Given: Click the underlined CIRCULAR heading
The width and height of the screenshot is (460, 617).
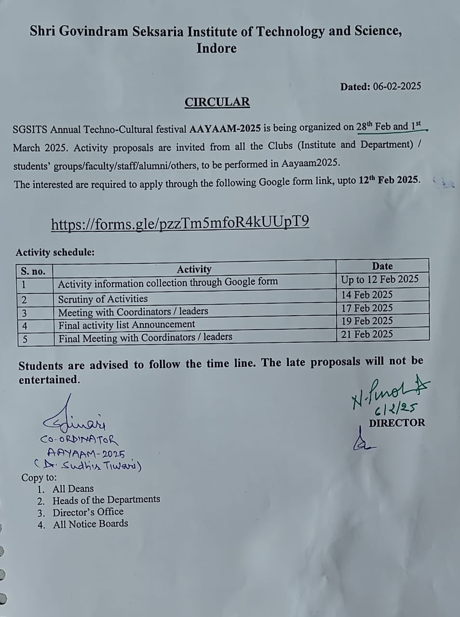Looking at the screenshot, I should pyautogui.click(x=217, y=102).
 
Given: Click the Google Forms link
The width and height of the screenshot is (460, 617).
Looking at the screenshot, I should pyautogui.click(x=180, y=223).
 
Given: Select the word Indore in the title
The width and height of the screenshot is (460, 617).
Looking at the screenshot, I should pyautogui.click(x=216, y=48).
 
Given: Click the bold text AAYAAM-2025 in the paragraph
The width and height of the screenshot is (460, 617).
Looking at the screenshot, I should pyautogui.click(x=225, y=129).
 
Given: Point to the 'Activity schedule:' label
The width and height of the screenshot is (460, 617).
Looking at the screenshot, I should pyautogui.click(x=55, y=252).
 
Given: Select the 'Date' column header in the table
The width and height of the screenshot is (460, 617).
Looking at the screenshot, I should pyautogui.click(x=382, y=266).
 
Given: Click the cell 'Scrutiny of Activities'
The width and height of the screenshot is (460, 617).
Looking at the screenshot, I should pyautogui.click(x=103, y=299).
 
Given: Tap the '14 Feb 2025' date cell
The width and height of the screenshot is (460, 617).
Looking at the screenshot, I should pyautogui.click(x=366, y=295).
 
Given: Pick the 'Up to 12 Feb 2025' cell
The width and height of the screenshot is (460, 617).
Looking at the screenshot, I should pyautogui.click(x=379, y=280).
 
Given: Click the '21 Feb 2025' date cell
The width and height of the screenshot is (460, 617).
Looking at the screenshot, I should pyautogui.click(x=366, y=334).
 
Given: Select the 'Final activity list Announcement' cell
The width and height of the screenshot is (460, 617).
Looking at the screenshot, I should pyautogui.click(x=126, y=325).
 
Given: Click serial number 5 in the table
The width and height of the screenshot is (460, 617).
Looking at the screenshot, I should pyautogui.click(x=25, y=339).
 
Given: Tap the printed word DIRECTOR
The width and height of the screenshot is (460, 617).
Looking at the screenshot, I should pyautogui.click(x=397, y=423).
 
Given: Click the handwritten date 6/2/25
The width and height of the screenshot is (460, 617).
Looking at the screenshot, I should pyautogui.click(x=395, y=409).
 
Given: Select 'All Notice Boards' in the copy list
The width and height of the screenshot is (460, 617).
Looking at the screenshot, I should pyautogui.click(x=91, y=524).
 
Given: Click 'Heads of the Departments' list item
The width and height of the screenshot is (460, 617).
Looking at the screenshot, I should pyautogui.click(x=106, y=500).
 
